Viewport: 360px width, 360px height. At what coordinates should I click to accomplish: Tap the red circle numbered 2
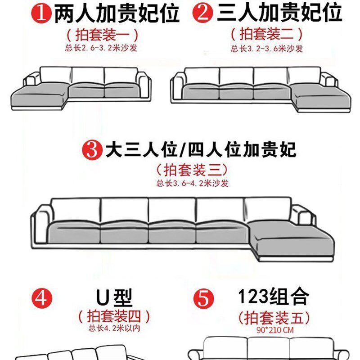click(203, 14)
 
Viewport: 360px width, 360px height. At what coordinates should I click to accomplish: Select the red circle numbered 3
click(92, 149)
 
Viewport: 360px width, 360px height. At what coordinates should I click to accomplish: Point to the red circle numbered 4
click(41, 298)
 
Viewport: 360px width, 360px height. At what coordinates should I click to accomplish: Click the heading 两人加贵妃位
click(117, 14)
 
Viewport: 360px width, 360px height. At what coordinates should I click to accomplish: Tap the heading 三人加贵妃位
click(279, 13)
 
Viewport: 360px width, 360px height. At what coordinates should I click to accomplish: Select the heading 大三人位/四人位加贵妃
click(201, 149)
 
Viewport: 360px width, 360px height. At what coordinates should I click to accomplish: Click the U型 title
click(113, 297)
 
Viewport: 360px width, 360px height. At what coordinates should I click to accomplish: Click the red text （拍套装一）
click(102, 34)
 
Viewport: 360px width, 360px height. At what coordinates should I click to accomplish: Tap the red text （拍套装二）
click(266, 34)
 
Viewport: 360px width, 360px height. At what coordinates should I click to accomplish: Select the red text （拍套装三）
click(192, 170)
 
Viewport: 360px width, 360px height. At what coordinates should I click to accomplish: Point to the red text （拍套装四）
click(114, 316)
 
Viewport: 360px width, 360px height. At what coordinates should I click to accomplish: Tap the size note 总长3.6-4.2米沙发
click(193, 183)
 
